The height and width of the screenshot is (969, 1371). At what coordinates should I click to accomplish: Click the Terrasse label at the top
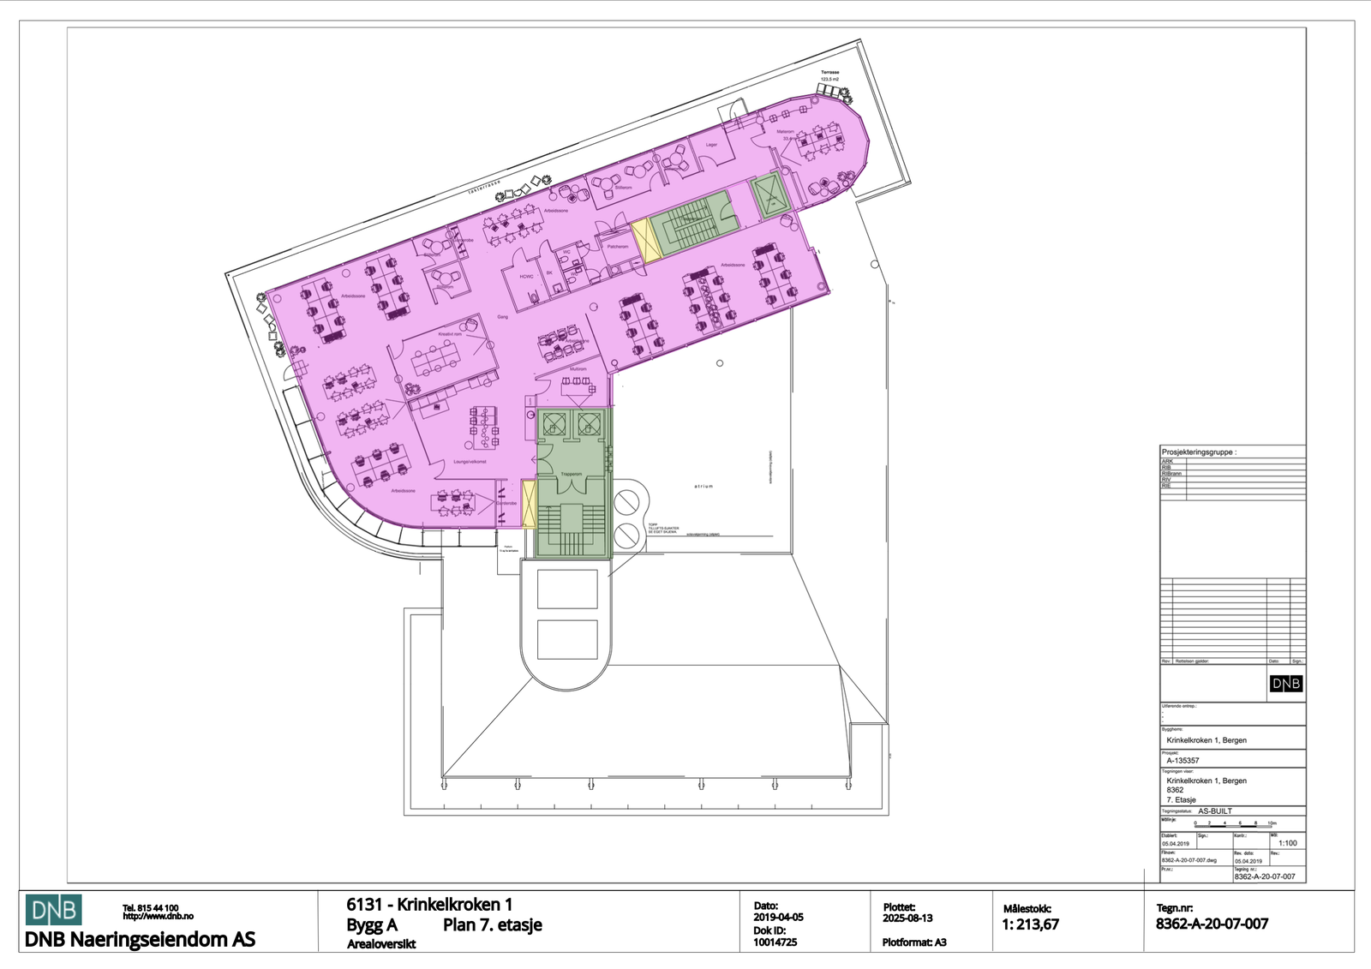click(x=829, y=73)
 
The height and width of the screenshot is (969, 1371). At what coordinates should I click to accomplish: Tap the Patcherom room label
click(x=618, y=246)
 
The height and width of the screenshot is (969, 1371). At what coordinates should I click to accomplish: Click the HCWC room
click(x=526, y=277)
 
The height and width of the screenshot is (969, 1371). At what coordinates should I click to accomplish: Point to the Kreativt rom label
click(x=450, y=334)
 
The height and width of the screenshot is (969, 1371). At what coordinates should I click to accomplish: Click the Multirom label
click(x=578, y=369)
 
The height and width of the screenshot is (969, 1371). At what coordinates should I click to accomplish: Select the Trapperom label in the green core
click(x=571, y=474)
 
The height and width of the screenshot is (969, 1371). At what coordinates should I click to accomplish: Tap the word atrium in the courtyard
click(x=703, y=486)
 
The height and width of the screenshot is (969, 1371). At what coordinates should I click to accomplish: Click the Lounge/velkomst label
click(x=470, y=462)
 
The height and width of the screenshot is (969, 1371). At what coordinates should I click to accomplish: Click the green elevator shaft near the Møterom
click(x=769, y=196)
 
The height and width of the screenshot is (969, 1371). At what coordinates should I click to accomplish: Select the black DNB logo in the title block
click(x=1285, y=684)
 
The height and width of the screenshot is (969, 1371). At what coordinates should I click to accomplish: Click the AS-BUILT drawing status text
click(x=1214, y=810)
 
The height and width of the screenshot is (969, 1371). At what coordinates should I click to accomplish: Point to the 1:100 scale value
click(x=1287, y=843)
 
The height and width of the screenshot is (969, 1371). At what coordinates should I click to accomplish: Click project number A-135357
click(x=1182, y=761)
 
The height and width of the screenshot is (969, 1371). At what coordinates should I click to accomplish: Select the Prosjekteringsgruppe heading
click(x=1199, y=452)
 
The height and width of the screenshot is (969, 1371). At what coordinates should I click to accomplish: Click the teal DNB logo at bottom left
click(x=53, y=910)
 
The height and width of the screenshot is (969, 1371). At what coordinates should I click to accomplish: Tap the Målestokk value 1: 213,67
click(x=1030, y=925)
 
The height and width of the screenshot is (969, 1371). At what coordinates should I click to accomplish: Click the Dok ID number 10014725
click(x=775, y=942)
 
